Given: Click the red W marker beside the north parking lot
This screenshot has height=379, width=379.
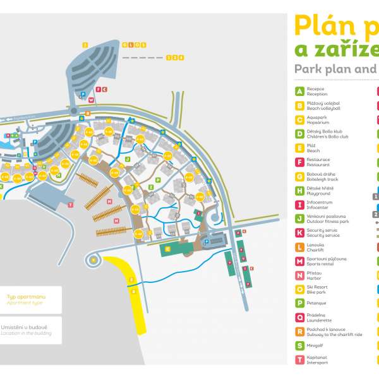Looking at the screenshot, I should (x=91, y=100).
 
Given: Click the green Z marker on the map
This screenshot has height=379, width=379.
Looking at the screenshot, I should (x=150, y=187).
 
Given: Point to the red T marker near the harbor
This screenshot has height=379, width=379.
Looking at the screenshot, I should (x=71, y=205).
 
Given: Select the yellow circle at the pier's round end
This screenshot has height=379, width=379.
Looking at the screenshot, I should (x=94, y=260).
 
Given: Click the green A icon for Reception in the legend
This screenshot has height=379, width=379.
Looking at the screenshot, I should (x=300, y=91).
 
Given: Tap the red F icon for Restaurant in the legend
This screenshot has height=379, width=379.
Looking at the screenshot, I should (x=300, y=162).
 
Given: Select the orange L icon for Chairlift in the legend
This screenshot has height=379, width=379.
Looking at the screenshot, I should (x=300, y=246).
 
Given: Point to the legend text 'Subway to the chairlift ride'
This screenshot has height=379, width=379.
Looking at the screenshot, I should (x=335, y=335).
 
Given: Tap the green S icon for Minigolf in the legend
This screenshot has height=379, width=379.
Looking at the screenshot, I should (x=300, y=346).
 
